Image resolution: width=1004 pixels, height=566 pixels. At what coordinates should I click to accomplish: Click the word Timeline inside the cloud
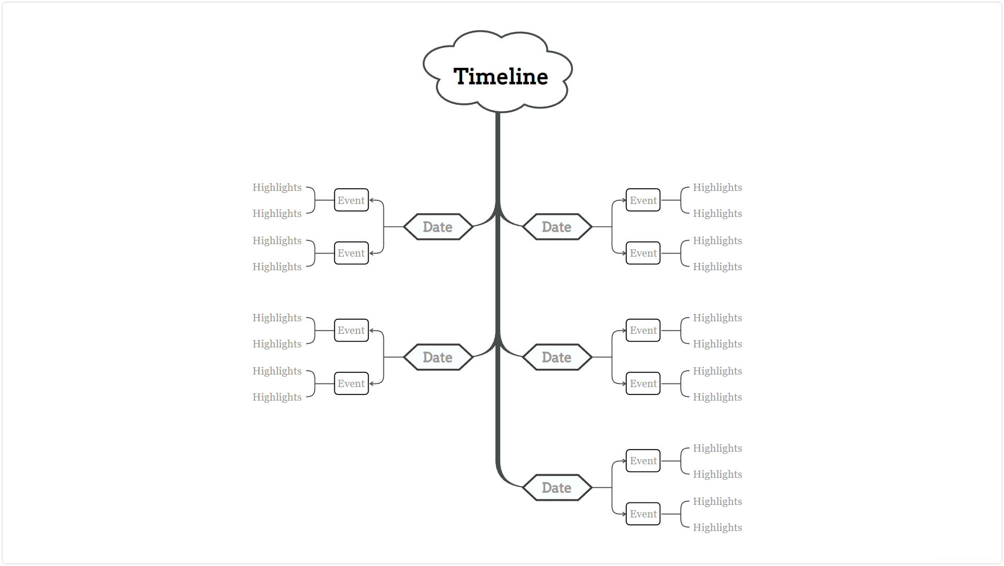point(501,77)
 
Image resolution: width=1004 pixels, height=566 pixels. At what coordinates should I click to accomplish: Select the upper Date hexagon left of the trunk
point(438,227)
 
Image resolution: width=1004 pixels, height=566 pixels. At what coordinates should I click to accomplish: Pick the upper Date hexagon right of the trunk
point(557,227)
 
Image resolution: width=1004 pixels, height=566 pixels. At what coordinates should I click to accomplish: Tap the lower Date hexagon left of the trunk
point(438,357)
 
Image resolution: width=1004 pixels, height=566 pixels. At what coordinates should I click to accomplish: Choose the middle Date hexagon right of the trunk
point(557,357)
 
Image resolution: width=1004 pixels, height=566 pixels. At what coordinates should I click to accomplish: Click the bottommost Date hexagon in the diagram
point(557,488)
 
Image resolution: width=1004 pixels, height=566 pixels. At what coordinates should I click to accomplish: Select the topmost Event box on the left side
point(351,200)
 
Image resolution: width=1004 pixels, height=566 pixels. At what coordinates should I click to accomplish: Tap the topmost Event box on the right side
point(643,200)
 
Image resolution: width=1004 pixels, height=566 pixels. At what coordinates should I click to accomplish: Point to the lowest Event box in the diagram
point(643,514)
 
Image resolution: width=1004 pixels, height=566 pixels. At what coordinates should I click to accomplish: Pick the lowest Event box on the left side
point(351,383)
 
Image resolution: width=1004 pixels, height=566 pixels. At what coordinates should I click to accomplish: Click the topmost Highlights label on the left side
point(277,188)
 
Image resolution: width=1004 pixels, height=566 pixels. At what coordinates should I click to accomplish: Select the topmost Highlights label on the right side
point(717,188)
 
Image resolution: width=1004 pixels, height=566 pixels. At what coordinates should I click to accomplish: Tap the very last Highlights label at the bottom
point(717,527)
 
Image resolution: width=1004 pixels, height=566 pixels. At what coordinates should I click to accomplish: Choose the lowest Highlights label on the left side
point(277,397)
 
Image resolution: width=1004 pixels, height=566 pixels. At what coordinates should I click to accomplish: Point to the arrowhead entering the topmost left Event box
point(372,200)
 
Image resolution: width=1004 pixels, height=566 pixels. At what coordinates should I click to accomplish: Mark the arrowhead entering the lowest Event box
point(623,514)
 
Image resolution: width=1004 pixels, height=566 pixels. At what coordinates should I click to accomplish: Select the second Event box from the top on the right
point(643,253)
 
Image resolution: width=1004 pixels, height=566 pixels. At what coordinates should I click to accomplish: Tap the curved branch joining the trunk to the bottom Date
point(504,477)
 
